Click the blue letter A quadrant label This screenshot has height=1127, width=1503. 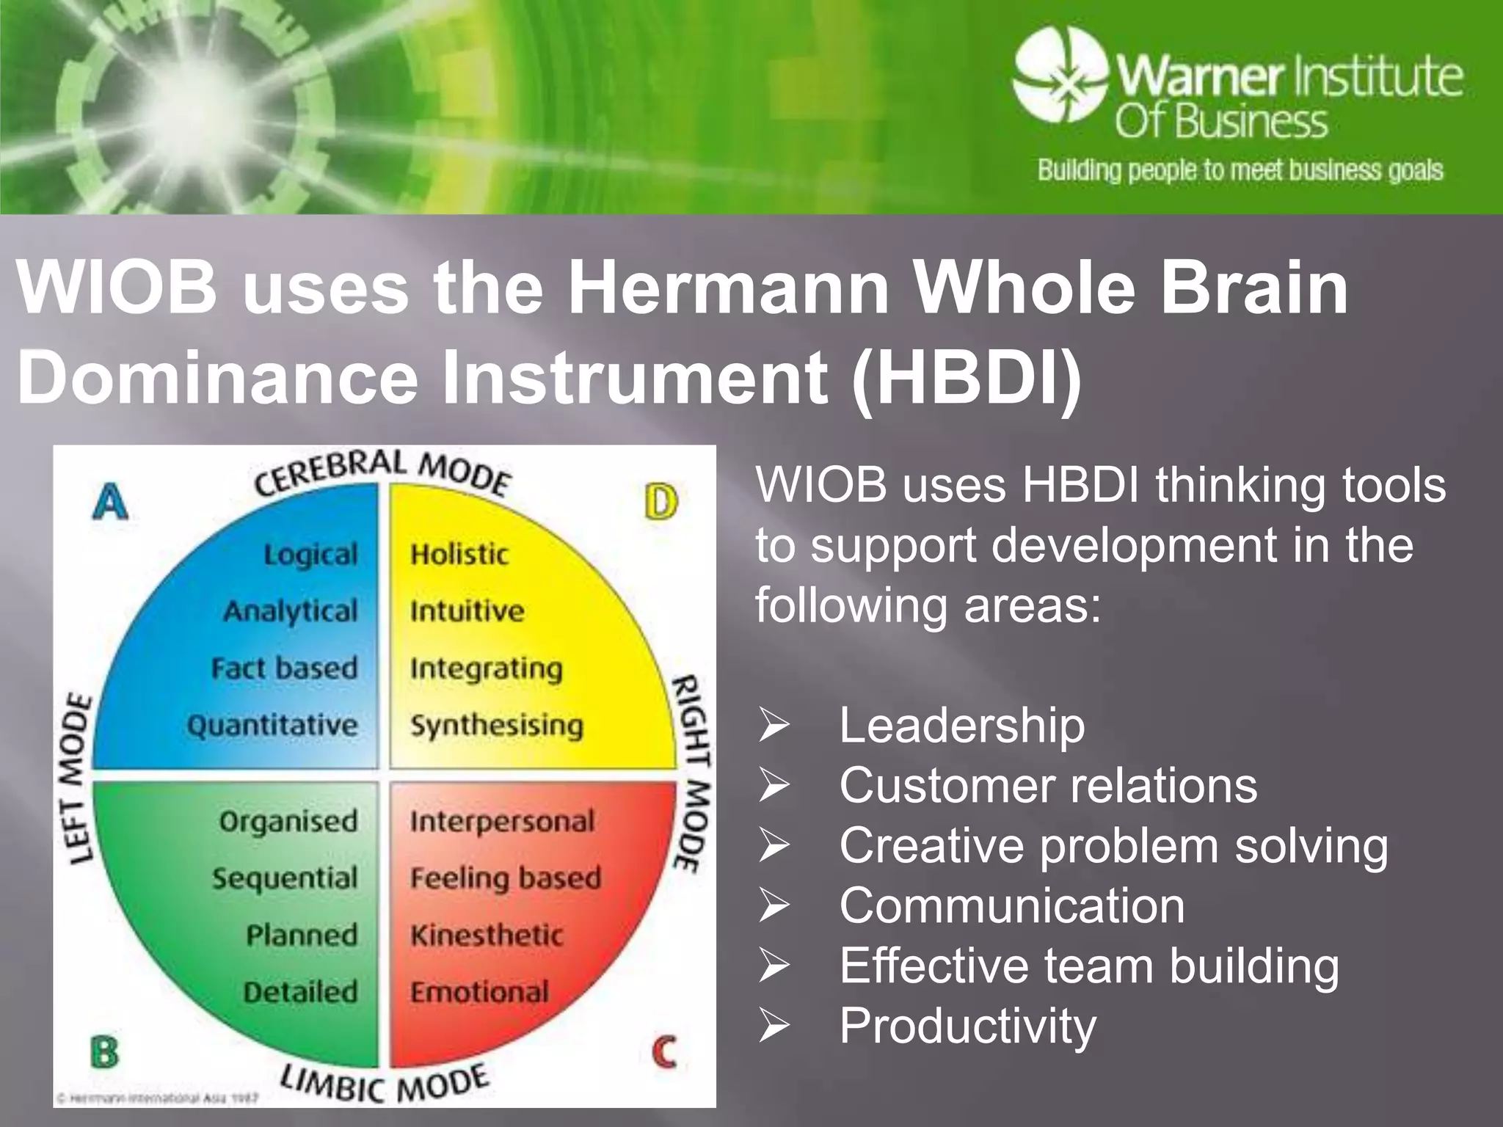(x=111, y=503)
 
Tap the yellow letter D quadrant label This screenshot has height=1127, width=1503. (x=661, y=503)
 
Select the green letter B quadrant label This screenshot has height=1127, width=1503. (x=104, y=1053)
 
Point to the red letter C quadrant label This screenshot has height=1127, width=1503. (x=664, y=1053)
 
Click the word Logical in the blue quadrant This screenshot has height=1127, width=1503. (x=311, y=555)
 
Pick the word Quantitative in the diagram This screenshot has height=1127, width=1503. (x=272, y=726)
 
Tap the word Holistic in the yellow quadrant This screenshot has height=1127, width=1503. (x=459, y=554)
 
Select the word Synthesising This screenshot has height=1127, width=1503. (x=497, y=726)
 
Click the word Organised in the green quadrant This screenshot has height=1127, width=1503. (x=288, y=822)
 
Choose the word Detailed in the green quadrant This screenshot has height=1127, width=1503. (x=301, y=992)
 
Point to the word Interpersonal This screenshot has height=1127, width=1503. (x=503, y=822)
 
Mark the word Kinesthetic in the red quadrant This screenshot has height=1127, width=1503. (x=487, y=935)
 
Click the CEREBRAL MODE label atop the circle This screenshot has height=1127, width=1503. (x=382, y=473)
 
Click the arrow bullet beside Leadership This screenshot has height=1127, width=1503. (x=774, y=725)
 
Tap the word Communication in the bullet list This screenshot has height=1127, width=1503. (x=1011, y=905)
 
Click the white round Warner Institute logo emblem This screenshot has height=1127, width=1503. (x=1060, y=74)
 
